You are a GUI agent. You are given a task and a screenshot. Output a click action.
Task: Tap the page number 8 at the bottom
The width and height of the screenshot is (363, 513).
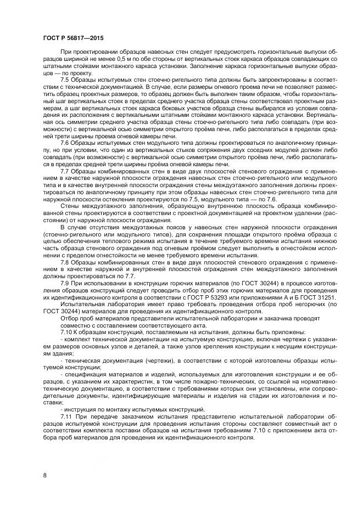tap(44, 475)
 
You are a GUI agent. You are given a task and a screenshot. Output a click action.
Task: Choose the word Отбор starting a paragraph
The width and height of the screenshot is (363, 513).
tap(71, 318)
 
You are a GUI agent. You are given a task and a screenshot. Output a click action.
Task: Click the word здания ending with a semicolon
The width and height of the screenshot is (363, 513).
tap(54, 353)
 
